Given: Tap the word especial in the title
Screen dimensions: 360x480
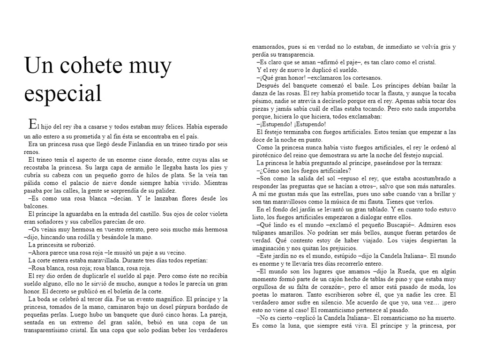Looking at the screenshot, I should click(x=63, y=93).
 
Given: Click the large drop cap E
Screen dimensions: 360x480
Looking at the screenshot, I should click(x=32, y=124).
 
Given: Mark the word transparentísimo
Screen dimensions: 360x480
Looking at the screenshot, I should click(x=50, y=330).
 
